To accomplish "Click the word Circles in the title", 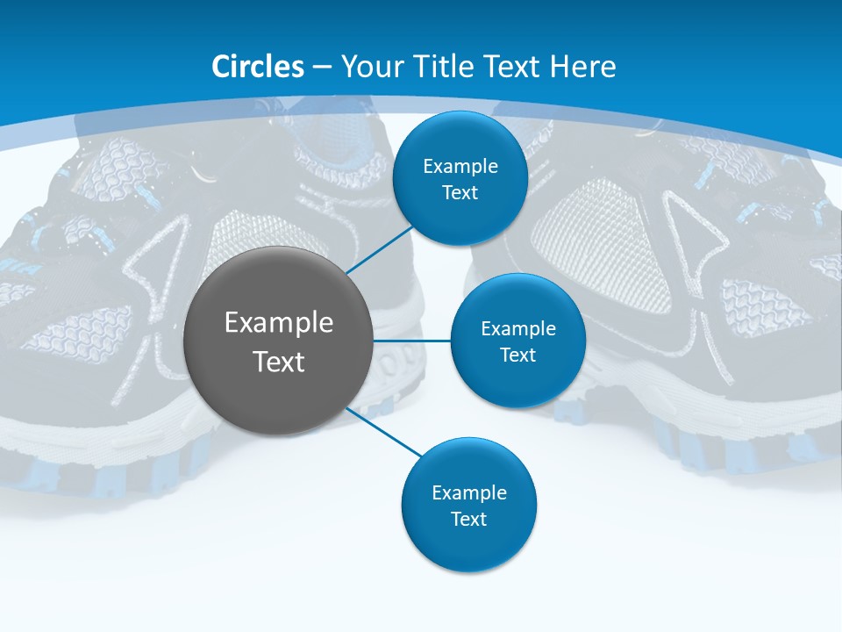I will click(258, 67).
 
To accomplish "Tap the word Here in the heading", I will click(583, 67).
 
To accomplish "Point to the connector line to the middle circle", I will click(412, 341).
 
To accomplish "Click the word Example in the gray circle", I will click(279, 323).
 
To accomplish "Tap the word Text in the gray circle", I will click(279, 362).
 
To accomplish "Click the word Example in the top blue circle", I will click(460, 167).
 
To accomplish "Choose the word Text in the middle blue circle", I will click(517, 355).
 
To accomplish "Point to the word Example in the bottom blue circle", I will click(469, 492).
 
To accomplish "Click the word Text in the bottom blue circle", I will click(468, 519).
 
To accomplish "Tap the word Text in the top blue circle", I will click(460, 192).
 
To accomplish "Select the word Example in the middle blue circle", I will click(518, 328).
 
